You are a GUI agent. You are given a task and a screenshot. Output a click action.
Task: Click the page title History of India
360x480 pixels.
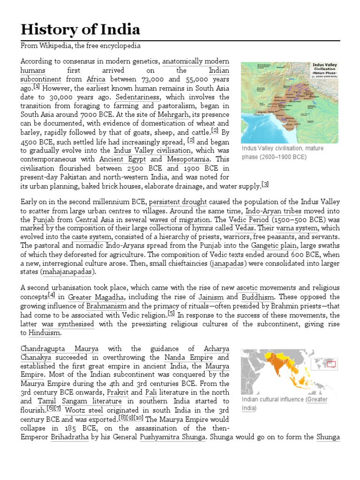coord(80,30)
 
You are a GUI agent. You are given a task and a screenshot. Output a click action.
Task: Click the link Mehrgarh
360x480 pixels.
coord(174,115)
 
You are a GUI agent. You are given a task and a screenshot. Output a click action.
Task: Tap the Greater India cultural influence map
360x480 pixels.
coord(291,370)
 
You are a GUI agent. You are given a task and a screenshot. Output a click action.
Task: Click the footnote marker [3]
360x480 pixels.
coord(265,185)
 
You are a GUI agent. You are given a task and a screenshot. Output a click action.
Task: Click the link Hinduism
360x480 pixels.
coord(45,333)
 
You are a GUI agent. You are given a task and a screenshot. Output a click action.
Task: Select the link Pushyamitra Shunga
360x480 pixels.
coord(172,437)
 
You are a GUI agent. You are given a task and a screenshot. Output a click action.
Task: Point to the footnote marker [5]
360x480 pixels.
coord(171,314)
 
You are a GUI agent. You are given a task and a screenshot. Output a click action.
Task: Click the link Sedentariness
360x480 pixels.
coord(138,97)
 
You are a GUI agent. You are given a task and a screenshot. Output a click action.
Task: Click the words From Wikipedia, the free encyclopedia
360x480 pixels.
coord(80,46)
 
